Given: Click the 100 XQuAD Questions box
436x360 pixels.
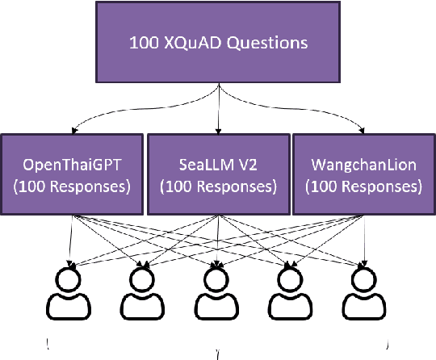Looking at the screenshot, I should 217,41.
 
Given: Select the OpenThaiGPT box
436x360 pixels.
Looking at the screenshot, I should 73,175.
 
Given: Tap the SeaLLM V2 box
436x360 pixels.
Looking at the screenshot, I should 217,175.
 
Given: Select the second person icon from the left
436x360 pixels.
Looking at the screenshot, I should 143,295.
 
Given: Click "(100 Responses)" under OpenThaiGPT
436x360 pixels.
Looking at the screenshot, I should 73,186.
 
